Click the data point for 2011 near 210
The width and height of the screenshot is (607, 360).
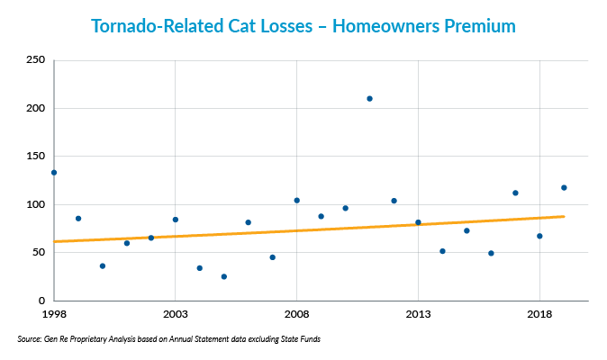[369, 98]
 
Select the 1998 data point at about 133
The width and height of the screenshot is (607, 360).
[54, 172]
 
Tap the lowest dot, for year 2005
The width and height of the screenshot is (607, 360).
[223, 276]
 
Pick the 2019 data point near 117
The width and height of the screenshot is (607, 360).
[564, 187]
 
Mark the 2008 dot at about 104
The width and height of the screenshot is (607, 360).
[296, 200]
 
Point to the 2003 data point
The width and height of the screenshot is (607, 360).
[175, 220]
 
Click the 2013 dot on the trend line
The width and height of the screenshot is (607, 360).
[418, 222]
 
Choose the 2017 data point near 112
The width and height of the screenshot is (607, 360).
[515, 193]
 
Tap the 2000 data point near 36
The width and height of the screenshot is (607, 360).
[102, 265]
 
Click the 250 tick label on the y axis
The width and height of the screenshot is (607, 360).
[36, 60]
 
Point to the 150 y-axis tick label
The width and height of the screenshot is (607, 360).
[36, 157]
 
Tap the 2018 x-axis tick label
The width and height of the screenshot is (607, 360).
[539, 316]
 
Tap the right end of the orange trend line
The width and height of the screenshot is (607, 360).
[564, 216]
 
